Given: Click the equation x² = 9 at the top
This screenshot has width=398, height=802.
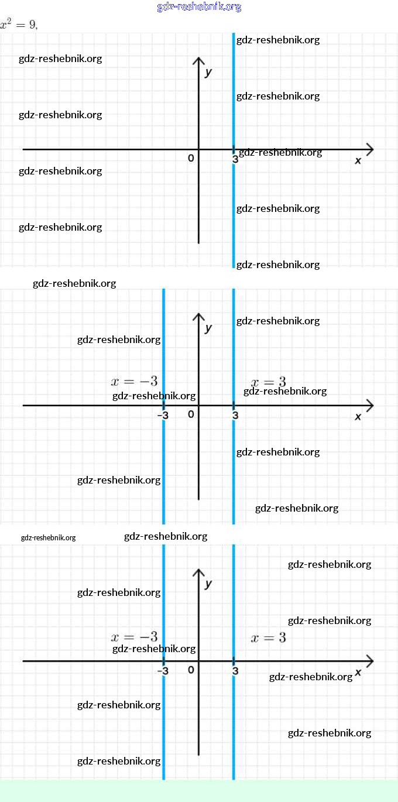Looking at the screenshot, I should tap(19, 25).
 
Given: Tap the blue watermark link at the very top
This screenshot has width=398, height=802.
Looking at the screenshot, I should tap(199, 7).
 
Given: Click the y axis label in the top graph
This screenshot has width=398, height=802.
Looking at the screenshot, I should tap(208, 73).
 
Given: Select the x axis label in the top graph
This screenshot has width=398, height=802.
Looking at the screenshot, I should tap(358, 160).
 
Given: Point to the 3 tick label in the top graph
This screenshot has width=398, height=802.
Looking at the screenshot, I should tap(235, 159).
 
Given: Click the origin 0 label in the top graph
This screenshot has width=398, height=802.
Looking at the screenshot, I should tap(191, 158).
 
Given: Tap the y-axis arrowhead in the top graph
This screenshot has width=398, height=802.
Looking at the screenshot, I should tap(199, 61).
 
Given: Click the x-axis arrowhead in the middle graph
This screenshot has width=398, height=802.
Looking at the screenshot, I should tap(369, 405).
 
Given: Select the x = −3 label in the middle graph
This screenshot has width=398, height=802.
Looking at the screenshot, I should tap(134, 381).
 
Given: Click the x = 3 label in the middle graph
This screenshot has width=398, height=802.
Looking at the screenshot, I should tap(268, 382).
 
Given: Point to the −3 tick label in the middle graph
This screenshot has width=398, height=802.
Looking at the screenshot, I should tap(163, 416).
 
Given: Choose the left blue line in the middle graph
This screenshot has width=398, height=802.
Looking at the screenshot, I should tap(163, 457).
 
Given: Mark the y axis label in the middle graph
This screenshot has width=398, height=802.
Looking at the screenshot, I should tap(208, 328).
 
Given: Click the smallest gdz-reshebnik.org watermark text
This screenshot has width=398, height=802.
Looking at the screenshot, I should tap(48, 538).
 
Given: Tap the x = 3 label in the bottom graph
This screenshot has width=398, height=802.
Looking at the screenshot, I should tap(268, 638).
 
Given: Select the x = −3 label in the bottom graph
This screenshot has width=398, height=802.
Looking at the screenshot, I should tap(134, 637).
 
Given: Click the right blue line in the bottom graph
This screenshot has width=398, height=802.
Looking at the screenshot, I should tap(234, 720).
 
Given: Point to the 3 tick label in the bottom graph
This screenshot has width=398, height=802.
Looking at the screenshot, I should tap(235, 671).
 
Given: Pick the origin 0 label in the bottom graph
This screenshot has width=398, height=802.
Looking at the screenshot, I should tap(191, 670).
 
